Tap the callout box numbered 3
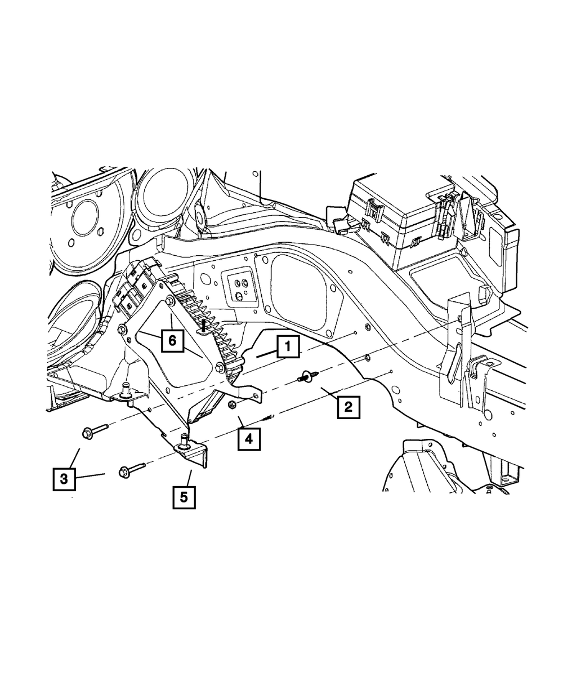point(64,479)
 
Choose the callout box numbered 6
point(172,340)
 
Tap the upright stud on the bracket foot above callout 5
point(183,441)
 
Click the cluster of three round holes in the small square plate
point(239,286)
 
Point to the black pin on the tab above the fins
point(204,324)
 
